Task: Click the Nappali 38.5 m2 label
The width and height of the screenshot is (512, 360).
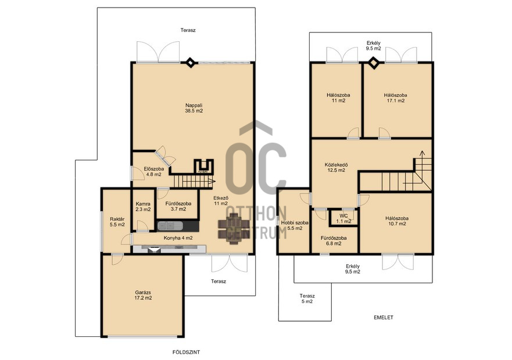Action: [194, 108]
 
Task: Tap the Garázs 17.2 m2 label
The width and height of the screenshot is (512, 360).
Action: [144, 295]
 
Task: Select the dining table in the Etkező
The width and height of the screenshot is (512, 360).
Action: [234, 228]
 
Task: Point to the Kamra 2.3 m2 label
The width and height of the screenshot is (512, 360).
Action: [143, 207]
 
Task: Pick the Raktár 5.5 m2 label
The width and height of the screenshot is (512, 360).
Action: [117, 222]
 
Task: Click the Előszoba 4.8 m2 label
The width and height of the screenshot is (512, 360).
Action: [154, 172]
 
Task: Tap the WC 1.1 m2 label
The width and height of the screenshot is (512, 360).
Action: [343, 219]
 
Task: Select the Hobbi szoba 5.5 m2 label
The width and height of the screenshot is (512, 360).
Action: [295, 225]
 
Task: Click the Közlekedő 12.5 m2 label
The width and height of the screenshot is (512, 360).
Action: [336, 167]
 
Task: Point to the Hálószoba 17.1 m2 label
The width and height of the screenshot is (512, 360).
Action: [395, 98]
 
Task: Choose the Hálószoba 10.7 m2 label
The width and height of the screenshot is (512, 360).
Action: [397, 221]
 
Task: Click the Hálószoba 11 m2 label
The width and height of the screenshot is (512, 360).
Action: [338, 98]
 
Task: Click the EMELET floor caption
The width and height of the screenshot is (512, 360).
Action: [384, 317]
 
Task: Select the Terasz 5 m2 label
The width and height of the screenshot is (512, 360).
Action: [307, 298]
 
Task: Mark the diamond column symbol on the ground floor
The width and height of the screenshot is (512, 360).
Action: [190, 62]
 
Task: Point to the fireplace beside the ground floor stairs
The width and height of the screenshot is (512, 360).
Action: [204, 167]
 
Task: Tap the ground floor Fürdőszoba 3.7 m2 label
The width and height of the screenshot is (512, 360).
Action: [178, 206]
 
